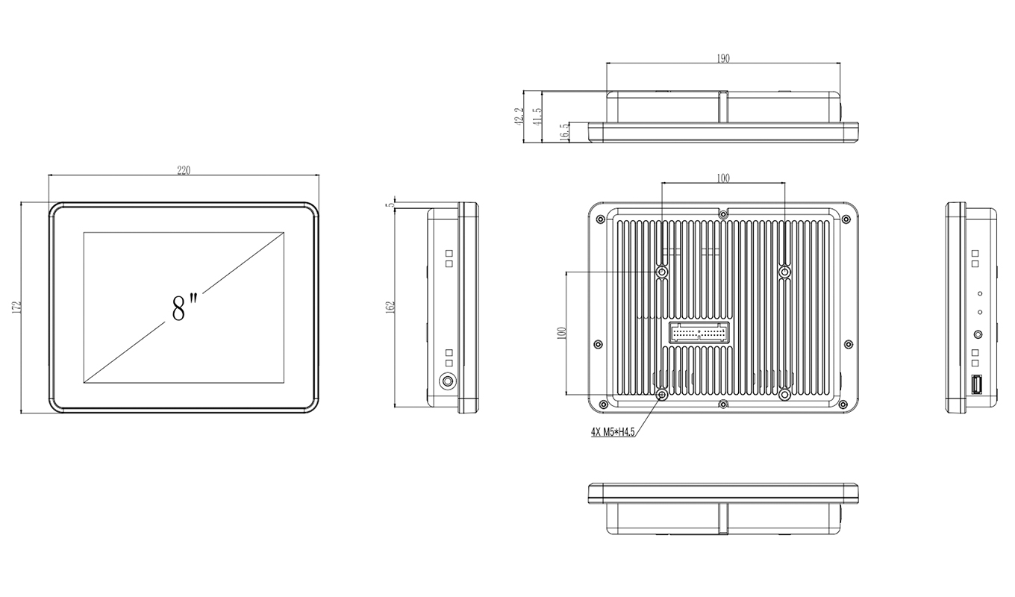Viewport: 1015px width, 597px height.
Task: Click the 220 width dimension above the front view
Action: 184,170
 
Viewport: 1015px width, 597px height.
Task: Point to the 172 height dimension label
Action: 15,307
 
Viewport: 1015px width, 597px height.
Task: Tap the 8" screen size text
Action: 184,307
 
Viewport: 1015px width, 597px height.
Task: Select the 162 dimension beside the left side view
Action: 389,307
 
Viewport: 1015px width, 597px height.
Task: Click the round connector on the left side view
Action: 447,381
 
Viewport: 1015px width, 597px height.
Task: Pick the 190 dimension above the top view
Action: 722,58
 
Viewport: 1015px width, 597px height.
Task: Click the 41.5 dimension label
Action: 537,116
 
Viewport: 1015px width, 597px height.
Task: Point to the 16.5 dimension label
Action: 564,131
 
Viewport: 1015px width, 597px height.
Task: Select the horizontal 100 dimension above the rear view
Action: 722,178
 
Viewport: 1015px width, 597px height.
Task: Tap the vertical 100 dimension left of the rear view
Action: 562,333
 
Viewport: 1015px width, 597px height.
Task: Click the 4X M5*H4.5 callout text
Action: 612,432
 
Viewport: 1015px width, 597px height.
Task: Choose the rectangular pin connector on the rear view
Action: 699,332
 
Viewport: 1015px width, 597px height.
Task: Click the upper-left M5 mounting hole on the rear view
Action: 661,272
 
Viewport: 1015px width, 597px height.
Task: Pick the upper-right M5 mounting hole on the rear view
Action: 784,272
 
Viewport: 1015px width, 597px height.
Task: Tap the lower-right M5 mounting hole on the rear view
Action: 784,394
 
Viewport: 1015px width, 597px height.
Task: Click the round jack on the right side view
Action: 978,337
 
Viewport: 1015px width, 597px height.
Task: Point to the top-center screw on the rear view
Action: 722,214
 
